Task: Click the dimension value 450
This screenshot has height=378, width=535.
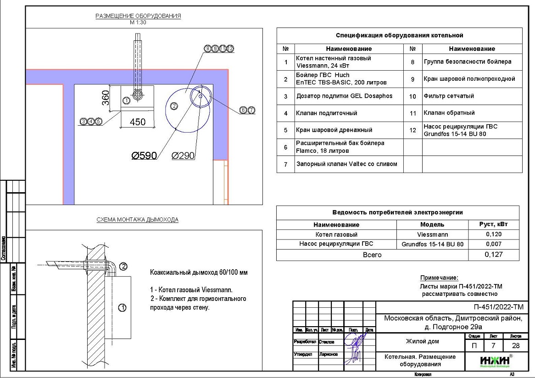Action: click(138, 122)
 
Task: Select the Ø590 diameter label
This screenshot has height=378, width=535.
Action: click(144, 156)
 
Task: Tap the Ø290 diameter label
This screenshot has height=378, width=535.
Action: click(183, 156)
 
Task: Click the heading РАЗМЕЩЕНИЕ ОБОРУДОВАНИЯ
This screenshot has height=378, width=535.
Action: click(138, 16)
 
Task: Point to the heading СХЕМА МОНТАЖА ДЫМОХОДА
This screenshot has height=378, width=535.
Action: click(138, 220)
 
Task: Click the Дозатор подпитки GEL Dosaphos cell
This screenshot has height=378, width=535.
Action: click(344, 96)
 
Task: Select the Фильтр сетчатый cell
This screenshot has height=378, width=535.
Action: click(449, 96)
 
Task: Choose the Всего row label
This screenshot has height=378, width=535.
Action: click(372, 255)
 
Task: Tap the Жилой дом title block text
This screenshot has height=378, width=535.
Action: click(422, 341)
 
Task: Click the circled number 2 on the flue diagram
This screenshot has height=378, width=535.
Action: click(123, 266)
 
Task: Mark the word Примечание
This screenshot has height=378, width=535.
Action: click(439, 278)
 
